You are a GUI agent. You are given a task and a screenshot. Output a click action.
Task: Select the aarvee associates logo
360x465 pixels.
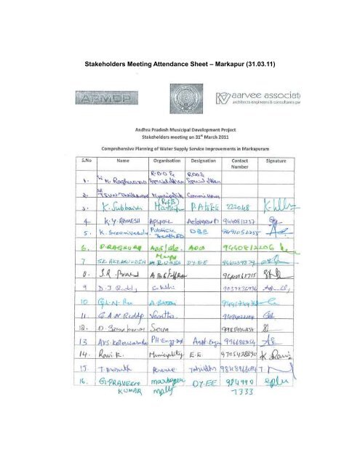[257, 100]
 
